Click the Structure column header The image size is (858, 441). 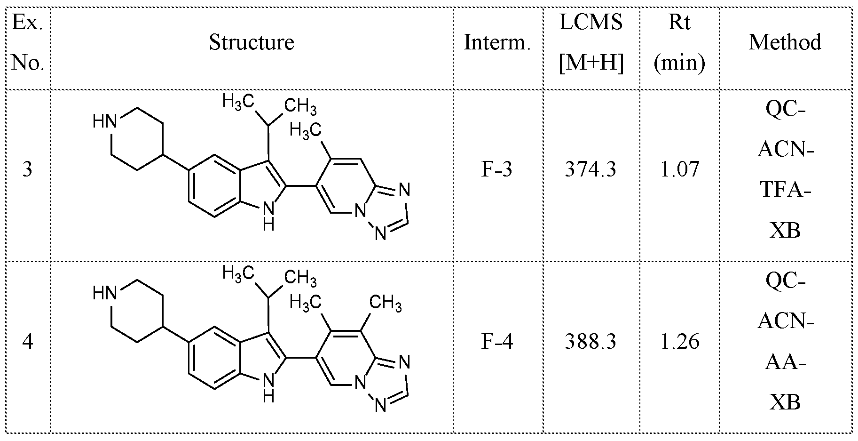[x=252, y=42]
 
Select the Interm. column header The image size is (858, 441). [x=497, y=43]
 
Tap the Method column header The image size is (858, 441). [x=785, y=42]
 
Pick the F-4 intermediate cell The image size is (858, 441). [x=497, y=342]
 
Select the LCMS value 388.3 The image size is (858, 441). [x=590, y=342]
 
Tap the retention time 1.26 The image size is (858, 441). [x=679, y=342]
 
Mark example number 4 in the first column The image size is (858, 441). [x=27, y=342]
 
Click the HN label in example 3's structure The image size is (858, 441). [x=104, y=122]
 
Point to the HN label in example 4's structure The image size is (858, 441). [x=104, y=294]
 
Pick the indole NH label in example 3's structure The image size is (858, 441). [x=268, y=215]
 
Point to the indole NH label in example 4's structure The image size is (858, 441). [x=268, y=387]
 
